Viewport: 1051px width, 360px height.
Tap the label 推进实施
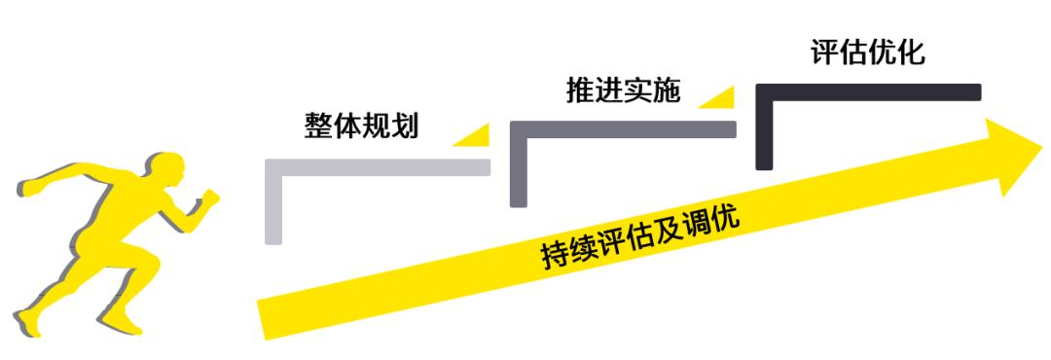tap(623, 90)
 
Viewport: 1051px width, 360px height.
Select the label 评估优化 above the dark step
tap(868, 53)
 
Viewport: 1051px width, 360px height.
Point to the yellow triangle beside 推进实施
tap(718, 96)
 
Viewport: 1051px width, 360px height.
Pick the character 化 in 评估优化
tap(911, 53)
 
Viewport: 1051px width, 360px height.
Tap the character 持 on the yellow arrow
tap(556, 256)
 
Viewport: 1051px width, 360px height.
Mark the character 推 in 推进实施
tap(580, 90)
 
